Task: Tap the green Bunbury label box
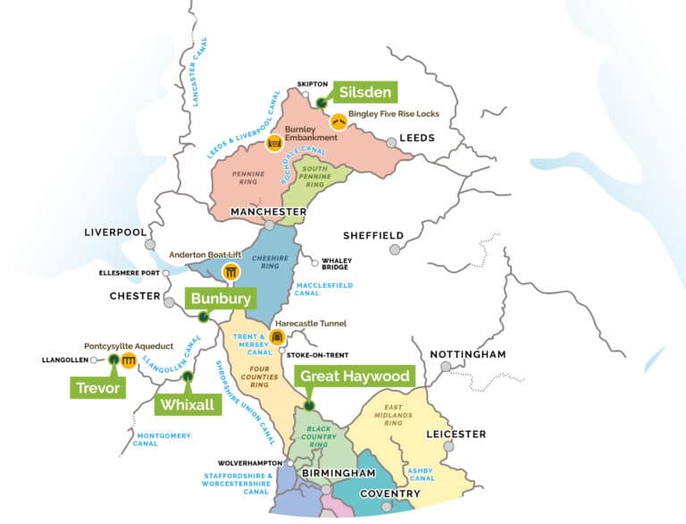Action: coord(220,298)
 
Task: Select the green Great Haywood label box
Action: coord(356,376)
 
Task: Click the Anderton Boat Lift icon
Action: coord(231,272)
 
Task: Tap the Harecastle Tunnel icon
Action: coord(277,336)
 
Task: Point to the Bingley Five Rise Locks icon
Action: coord(339,121)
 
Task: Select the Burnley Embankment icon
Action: coord(272,143)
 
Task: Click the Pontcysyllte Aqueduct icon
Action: coord(129,360)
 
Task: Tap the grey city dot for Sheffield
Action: coord(394,249)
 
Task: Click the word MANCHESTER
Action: coord(267,211)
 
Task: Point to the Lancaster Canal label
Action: coord(199,73)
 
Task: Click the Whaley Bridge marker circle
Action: coord(314,263)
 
